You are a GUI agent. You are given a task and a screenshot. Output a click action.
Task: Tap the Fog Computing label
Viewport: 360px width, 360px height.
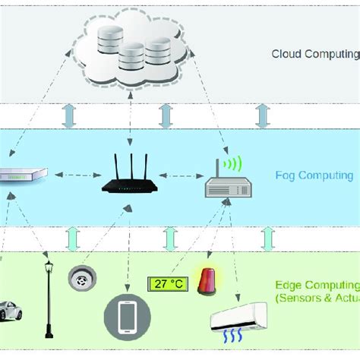tap(314, 175)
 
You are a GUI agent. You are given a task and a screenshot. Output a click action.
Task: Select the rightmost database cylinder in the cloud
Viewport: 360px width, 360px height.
tap(156, 52)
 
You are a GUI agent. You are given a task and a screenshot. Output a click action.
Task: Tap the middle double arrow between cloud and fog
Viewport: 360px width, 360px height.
tap(165, 115)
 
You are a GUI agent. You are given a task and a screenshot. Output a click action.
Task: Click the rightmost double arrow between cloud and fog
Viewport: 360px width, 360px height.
tap(263, 115)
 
